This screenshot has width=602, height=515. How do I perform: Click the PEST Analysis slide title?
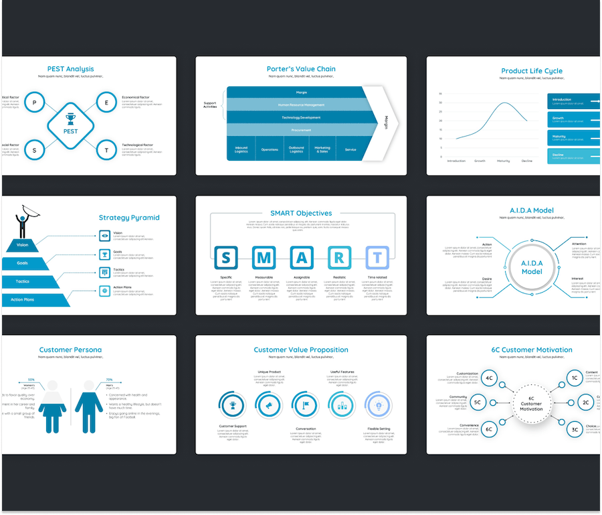[x=70, y=69]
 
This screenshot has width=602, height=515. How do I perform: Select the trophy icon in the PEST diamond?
[x=71, y=119]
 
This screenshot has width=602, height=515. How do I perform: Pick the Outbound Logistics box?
[x=296, y=149]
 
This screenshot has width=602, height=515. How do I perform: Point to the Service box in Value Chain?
[x=350, y=149]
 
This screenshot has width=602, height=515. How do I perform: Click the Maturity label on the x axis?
[x=503, y=161]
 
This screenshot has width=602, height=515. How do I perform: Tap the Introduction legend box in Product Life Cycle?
[x=573, y=100]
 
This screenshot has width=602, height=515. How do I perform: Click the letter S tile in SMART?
[x=226, y=258]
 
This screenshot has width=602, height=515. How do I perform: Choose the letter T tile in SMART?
[x=377, y=258]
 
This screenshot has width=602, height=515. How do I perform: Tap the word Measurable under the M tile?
[x=264, y=277]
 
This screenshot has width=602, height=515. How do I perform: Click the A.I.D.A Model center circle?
[x=532, y=268]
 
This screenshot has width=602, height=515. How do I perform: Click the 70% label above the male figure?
[x=90, y=380]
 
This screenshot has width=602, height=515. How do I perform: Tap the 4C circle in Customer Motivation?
[x=490, y=378]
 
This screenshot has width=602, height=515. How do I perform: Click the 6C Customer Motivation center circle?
[x=531, y=404]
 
